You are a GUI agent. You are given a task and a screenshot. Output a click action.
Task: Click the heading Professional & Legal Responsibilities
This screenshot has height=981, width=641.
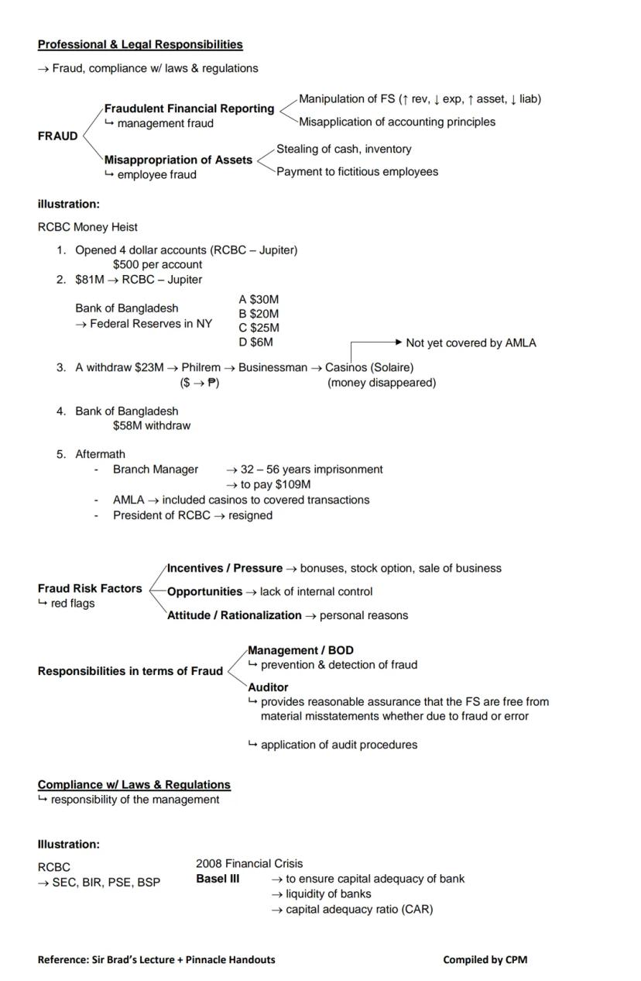(140, 45)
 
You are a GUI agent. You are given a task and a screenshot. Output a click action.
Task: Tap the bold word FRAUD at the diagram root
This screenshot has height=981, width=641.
(58, 136)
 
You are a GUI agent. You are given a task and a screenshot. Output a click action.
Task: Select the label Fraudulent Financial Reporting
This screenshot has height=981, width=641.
(189, 108)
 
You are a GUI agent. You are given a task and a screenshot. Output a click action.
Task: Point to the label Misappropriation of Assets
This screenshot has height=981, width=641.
(178, 160)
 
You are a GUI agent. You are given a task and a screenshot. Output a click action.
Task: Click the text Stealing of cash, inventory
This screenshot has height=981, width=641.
(344, 149)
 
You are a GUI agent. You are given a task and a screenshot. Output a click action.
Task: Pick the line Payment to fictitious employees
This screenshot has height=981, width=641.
(357, 171)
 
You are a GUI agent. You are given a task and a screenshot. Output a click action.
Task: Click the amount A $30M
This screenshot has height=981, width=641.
(259, 299)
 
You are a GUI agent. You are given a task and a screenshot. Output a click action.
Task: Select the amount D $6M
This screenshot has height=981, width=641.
(255, 342)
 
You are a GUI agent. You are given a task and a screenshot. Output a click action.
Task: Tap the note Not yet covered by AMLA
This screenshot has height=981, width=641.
(471, 342)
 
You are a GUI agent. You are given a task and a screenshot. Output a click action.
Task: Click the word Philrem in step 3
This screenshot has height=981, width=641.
(201, 367)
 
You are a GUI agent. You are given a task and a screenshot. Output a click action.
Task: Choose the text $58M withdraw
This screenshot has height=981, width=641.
(152, 425)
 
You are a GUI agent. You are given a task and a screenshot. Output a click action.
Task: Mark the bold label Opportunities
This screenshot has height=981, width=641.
(204, 592)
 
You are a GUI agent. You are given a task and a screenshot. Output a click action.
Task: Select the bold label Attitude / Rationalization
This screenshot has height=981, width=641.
(234, 615)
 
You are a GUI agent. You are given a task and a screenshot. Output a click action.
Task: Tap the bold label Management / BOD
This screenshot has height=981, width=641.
(300, 650)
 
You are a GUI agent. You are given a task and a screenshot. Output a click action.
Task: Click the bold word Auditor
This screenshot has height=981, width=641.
(268, 687)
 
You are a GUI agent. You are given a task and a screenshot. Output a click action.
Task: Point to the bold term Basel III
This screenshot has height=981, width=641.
(218, 879)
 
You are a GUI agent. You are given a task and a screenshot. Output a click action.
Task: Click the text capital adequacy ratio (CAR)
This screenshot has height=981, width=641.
(359, 909)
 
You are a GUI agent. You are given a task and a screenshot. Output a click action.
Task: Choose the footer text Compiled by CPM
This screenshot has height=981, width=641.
(485, 959)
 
